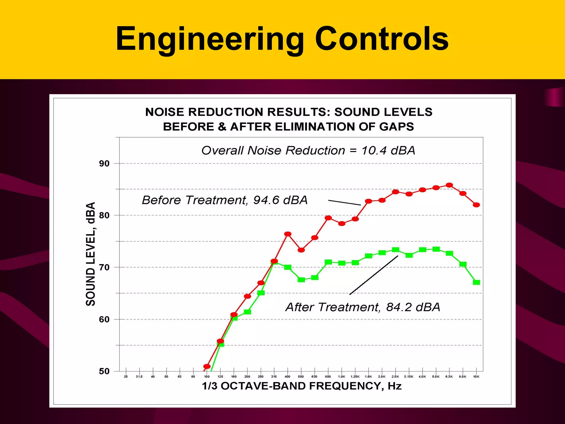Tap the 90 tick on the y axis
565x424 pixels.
click(104, 164)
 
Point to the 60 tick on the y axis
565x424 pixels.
click(104, 320)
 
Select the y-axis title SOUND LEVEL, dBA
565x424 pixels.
click(90, 254)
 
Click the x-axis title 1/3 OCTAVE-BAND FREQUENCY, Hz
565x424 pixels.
click(302, 386)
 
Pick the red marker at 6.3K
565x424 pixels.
click(449, 185)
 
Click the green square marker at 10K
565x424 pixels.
click(476, 282)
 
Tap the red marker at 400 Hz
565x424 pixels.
click(288, 234)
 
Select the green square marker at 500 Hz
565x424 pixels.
click(301, 280)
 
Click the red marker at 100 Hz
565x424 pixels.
click(207, 367)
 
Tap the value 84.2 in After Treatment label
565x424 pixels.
click(399, 307)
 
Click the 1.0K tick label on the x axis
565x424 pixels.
click(342, 377)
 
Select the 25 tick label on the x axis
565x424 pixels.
click(126, 377)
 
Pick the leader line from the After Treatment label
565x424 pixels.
click(374, 275)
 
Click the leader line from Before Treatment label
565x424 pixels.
click(344, 203)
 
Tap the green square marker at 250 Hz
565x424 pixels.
click(261, 293)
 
